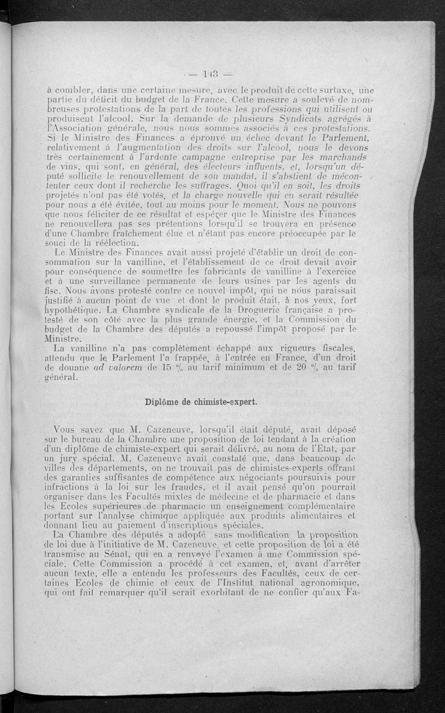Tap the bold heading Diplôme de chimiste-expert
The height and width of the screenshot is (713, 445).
[200, 401]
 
